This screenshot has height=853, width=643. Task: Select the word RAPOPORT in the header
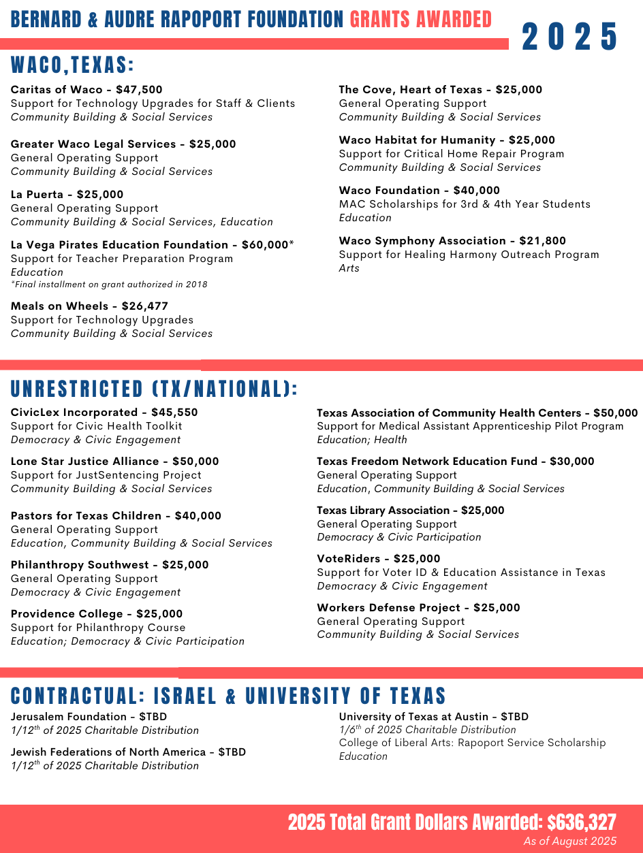[x=201, y=20]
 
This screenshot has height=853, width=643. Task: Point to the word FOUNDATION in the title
[x=295, y=20]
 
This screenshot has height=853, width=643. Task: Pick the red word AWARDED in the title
[x=454, y=20]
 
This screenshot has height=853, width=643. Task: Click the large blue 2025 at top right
[x=570, y=37]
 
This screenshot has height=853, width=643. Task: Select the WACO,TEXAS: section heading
[x=72, y=66]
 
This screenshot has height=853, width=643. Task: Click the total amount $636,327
[x=582, y=822]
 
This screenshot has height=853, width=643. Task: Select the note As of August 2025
[x=569, y=841]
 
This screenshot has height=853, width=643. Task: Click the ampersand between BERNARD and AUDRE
[x=93, y=20]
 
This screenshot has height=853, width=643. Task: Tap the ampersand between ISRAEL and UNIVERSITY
[x=231, y=696]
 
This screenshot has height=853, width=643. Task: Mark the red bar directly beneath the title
[x=254, y=44]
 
